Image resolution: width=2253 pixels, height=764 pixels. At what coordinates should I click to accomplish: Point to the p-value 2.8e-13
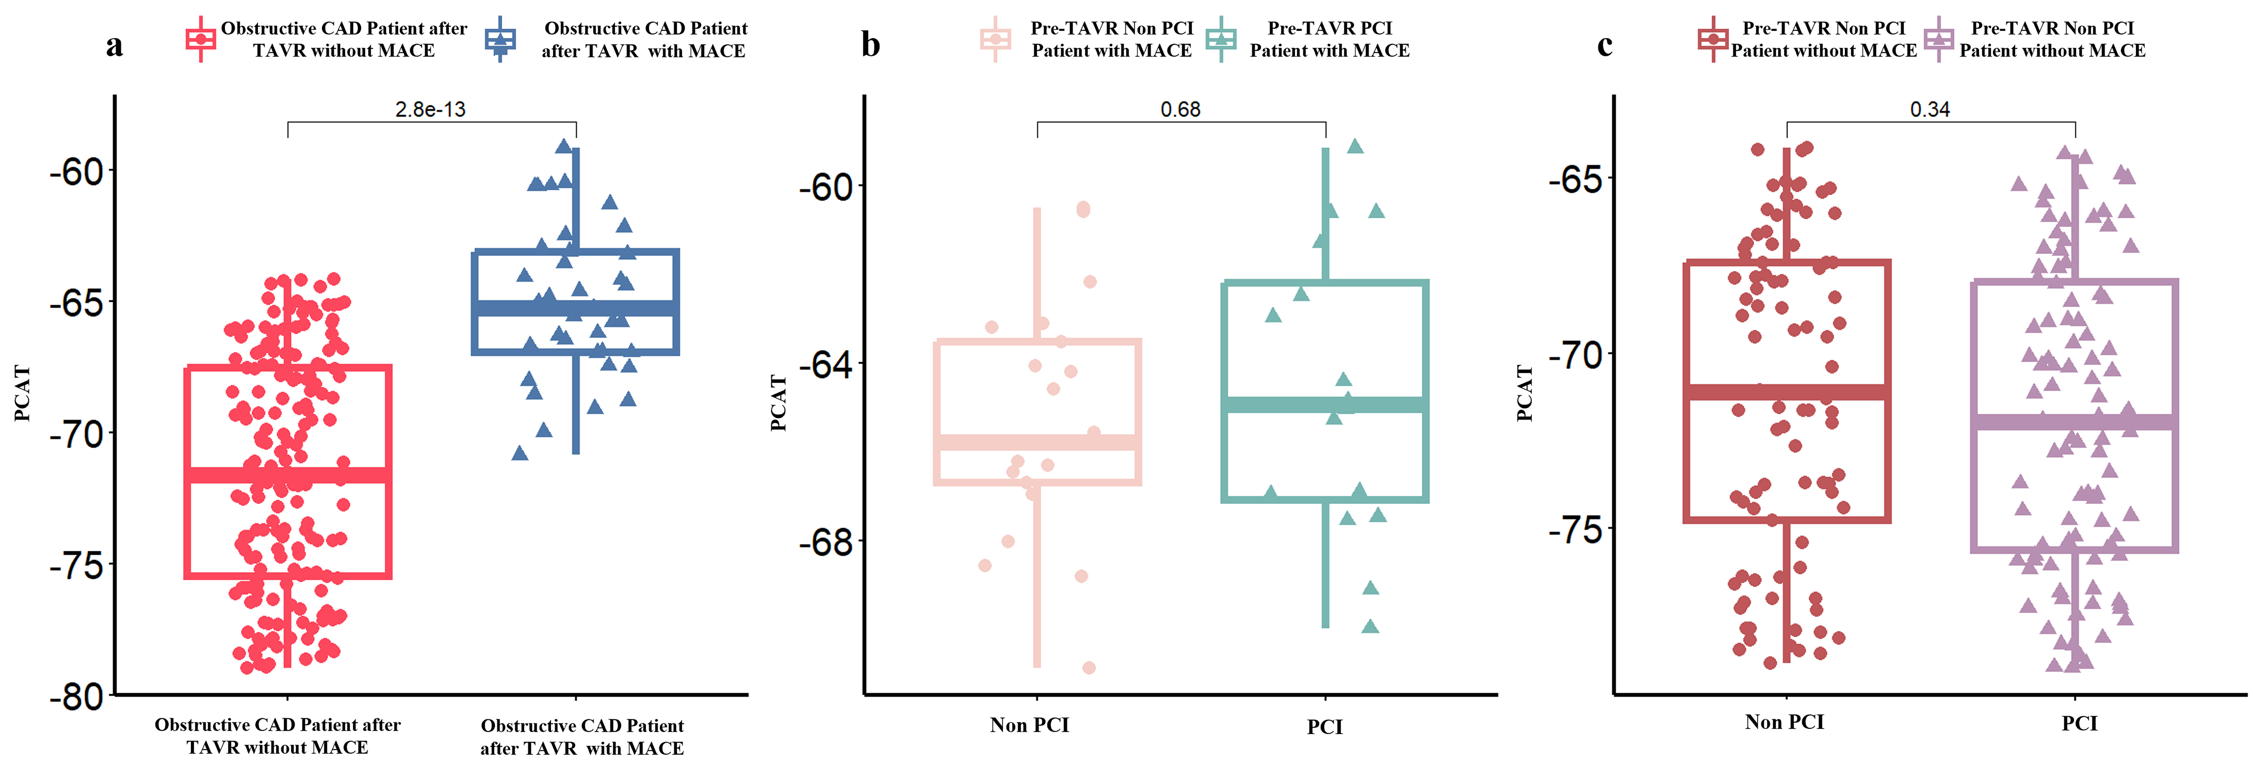(x=430, y=109)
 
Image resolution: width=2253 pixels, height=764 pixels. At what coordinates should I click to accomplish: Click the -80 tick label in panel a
(x=77, y=698)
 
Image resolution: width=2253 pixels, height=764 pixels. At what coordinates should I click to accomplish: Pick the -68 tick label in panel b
(x=826, y=543)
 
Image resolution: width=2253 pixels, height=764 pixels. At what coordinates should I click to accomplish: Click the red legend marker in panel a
(x=201, y=39)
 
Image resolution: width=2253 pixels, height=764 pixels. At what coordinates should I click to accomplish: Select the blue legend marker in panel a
(x=500, y=39)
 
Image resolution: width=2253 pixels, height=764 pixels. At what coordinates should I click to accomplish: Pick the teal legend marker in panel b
(x=1221, y=39)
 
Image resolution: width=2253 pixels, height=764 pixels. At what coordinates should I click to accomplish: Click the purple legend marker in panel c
(x=1939, y=39)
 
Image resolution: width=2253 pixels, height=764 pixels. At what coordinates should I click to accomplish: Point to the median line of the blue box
(x=575, y=308)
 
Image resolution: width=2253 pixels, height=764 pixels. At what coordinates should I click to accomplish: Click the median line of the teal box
(x=1325, y=405)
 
